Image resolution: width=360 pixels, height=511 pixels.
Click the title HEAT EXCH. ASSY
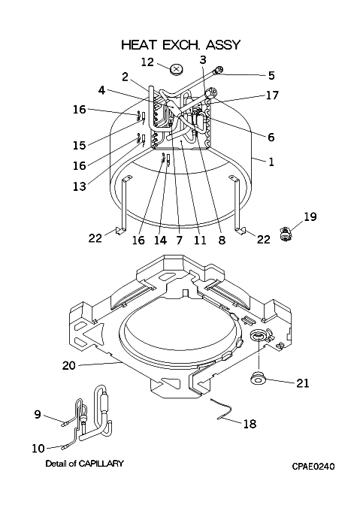(181, 44)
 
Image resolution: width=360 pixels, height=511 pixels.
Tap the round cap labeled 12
(177, 70)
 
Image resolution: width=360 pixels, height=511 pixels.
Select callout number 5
(272, 76)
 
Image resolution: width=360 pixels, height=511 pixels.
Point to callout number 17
(272, 95)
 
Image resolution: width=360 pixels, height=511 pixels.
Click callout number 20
(68, 365)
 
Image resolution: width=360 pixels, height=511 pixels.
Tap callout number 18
(250, 424)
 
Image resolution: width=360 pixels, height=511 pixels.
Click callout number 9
(38, 414)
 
